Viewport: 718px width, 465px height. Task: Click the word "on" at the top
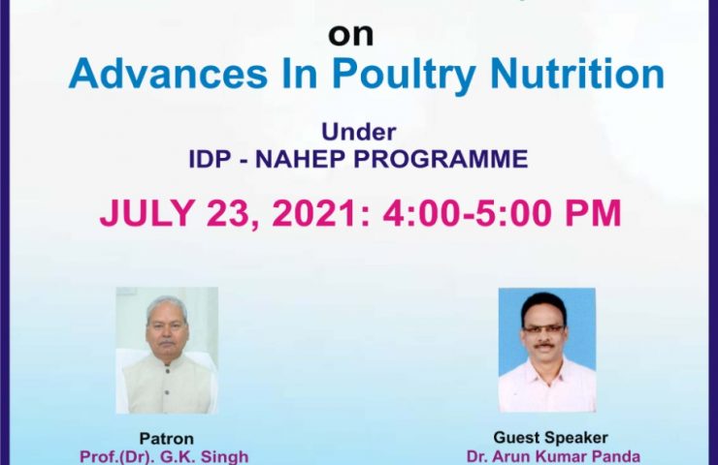pos(351,35)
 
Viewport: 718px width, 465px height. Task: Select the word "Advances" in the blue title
pos(168,74)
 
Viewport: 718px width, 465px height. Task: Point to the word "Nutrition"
pos(577,74)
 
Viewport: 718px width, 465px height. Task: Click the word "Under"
pos(359,132)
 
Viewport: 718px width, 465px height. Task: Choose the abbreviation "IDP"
pos(210,159)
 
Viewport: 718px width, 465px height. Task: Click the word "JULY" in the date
pos(147,212)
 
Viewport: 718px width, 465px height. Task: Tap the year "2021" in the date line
pos(314,212)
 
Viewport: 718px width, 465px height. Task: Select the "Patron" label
pos(166,439)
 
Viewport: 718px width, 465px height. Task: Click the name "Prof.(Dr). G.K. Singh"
pos(164,456)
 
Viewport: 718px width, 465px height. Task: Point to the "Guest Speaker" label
pos(550,438)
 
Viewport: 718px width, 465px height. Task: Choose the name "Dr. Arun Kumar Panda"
pos(553,456)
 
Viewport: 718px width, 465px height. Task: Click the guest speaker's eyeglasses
pos(544,328)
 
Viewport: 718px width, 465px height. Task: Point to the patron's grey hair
pos(167,306)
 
